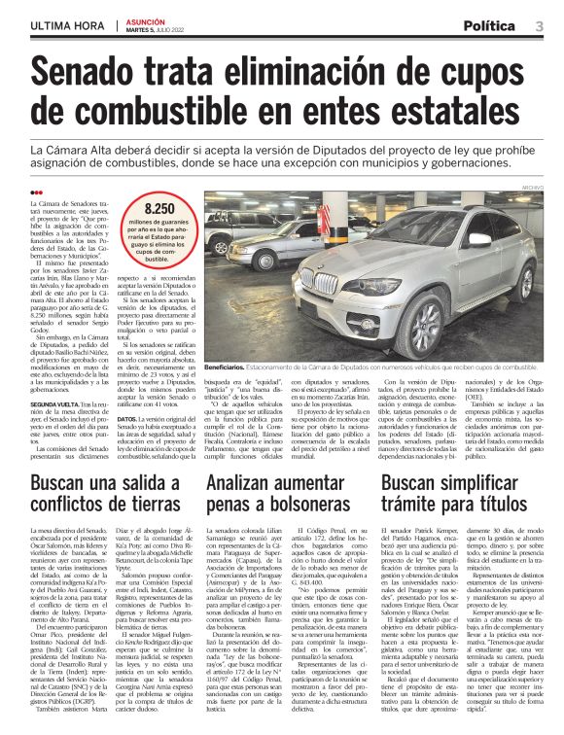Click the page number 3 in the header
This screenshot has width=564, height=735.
[x=539, y=25]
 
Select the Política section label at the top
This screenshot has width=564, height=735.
[x=489, y=25]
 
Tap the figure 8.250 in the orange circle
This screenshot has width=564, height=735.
[x=159, y=209]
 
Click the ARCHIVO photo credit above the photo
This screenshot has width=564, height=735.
[x=533, y=186]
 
